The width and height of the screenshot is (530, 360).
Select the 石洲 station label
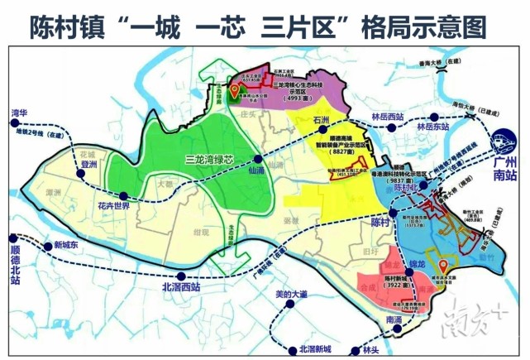coord(303,120)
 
